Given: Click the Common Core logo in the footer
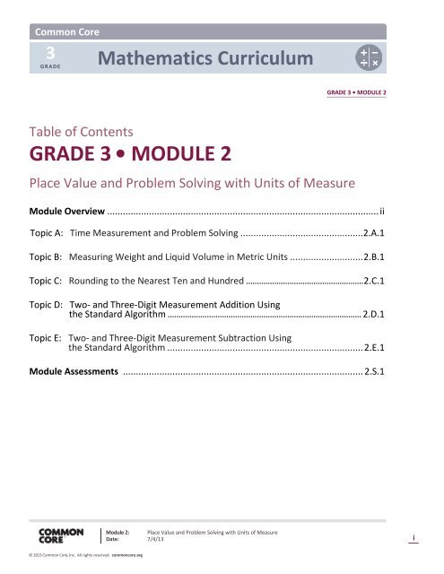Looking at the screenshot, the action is [62, 538].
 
